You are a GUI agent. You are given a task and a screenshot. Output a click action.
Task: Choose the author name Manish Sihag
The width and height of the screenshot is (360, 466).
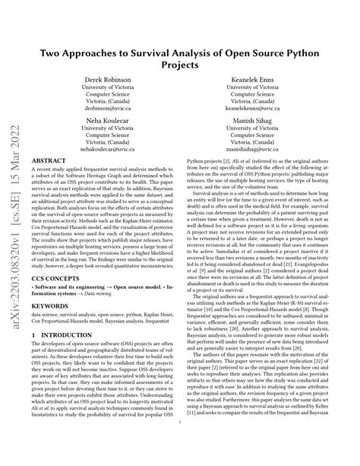pyautogui.click(x=244, y=121)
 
